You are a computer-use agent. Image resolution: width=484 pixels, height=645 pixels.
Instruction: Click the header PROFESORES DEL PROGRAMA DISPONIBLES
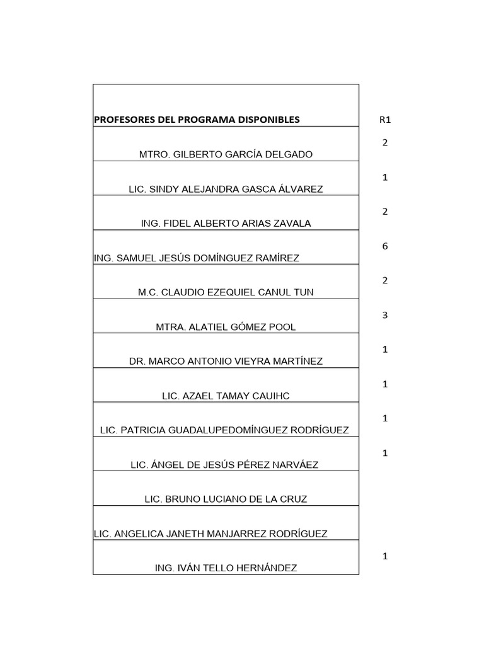(197, 120)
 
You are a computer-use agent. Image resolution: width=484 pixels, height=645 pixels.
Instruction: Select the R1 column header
(384, 120)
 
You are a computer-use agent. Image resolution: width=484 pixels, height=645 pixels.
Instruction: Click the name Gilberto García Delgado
(226, 154)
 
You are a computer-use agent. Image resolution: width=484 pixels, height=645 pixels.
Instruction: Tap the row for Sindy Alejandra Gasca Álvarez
(226, 189)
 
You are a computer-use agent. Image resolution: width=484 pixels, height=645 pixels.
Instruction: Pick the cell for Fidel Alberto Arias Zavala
(226, 224)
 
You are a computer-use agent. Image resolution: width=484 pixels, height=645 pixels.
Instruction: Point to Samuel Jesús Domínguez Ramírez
(196, 258)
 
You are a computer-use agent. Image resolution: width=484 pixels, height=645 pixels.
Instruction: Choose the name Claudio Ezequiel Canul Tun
(226, 292)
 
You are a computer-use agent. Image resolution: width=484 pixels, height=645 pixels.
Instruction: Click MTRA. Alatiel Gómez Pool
(226, 327)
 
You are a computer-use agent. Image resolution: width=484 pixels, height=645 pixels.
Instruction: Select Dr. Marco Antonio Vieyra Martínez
(226, 362)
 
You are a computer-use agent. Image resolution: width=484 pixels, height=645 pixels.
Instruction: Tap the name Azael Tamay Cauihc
(226, 396)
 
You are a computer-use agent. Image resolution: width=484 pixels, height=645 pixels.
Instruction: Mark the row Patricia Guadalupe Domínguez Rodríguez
(225, 430)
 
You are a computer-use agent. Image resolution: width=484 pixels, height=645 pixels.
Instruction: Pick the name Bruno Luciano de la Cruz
(226, 499)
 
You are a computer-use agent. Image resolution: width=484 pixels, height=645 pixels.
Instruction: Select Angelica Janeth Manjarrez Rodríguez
(210, 534)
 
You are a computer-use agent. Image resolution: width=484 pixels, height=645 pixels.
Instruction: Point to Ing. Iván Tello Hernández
(226, 568)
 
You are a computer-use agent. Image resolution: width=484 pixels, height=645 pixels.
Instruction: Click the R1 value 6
(384, 246)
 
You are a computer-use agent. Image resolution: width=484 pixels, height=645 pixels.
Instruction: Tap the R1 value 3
(384, 315)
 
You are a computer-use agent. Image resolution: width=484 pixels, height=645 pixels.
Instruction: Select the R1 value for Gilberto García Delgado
(384, 142)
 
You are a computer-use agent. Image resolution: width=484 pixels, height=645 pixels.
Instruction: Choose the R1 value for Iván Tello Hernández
(384, 556)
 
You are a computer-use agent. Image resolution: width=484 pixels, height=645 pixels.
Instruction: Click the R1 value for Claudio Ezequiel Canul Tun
(384, 280)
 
